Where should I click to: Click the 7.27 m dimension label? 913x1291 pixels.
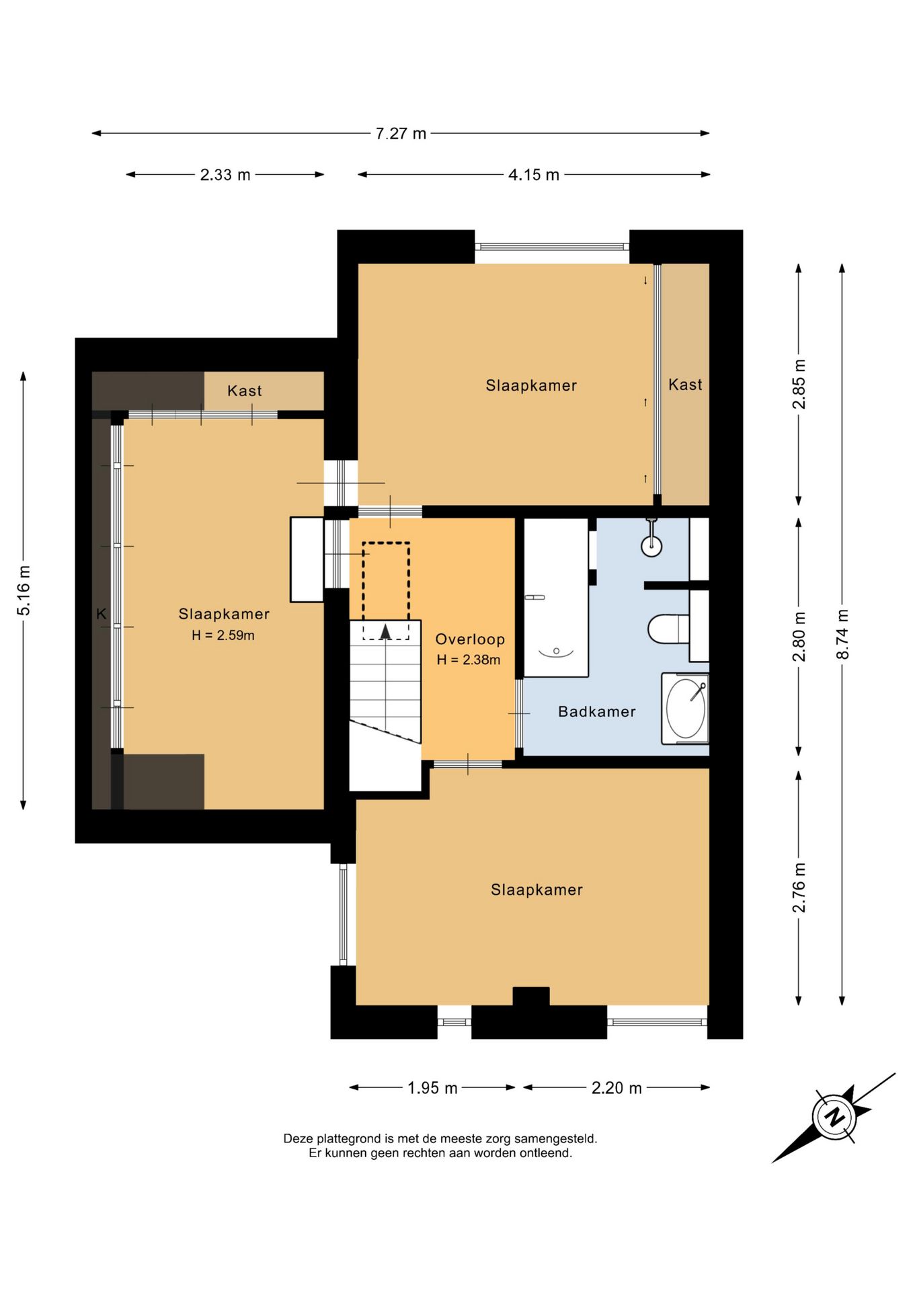(401, 134)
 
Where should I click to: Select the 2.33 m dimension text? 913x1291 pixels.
(225, 175)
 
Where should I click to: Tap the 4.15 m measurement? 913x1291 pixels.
(534, 175)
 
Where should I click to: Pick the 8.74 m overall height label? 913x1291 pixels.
(842, 634)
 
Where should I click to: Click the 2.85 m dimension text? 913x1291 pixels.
(799, 384)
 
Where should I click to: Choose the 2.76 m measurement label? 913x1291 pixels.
(799, 888)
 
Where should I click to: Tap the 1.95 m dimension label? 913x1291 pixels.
(432, 1087)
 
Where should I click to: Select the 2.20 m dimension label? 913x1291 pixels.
(617, 1087)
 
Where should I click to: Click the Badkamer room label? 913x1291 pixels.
(597, 711)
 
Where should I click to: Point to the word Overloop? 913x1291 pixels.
(470, 639)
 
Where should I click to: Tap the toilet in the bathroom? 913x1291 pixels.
(668, 629)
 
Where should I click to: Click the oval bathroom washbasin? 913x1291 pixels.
(686, 708)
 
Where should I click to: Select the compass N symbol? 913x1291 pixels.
(834, 1117)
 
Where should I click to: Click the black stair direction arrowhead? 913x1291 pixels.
(385, 631)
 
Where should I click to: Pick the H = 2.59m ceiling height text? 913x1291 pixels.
(223, 635)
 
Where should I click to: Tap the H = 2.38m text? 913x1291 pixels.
(469, 660)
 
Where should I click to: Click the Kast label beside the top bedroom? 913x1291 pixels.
(685, 385)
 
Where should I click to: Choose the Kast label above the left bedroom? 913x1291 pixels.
(245, 391)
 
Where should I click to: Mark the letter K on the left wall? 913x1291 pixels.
(102, 614)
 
